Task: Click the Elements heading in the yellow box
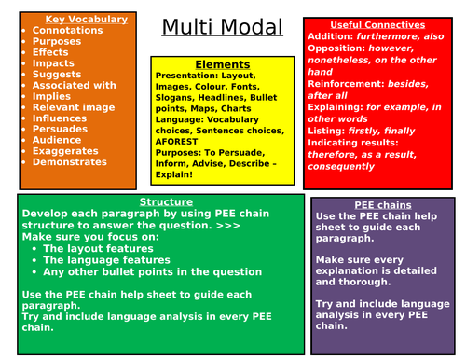[x=223, y=63]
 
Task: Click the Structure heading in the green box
[x=166, y=201]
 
